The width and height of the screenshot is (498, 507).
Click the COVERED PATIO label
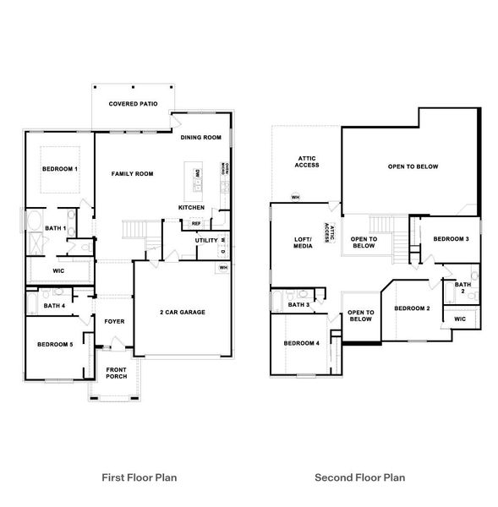[132, 104]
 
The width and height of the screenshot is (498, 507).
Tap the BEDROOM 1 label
[60, 169]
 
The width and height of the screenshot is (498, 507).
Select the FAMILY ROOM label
[133, 174]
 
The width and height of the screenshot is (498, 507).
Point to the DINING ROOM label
[201, 137]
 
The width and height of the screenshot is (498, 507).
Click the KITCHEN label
[191, 207]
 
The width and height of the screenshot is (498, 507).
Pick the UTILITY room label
[206, 241]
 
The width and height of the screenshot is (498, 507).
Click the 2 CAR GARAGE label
[182, 312]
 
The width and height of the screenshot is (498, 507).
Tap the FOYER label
[113, 321]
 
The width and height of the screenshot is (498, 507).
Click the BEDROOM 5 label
[55, 344]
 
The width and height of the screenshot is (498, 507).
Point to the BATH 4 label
[54, 306]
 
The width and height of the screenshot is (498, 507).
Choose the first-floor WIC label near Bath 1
[58, 271]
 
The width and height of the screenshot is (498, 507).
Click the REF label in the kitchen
[195, 224]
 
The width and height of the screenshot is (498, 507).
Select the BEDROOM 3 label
[451, 239]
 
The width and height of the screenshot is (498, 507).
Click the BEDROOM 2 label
[412, 308]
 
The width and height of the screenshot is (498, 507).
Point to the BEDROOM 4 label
[301, 343]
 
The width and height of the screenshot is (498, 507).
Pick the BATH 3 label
[298, 305]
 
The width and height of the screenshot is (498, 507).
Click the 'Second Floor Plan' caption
[360, 478]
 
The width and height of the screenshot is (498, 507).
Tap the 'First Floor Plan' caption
[139, 478]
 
